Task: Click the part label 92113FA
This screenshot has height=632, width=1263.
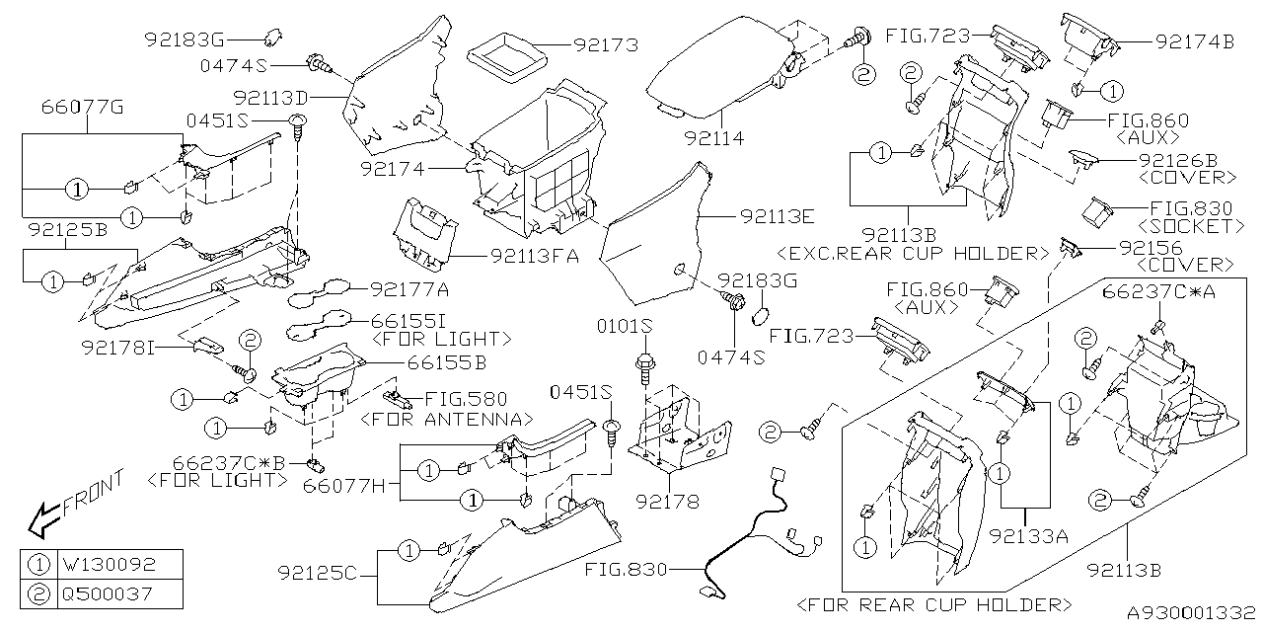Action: pyautogui.click(x=534, y=256)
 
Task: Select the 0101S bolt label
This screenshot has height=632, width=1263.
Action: pyautogui.click(x=628, y=327)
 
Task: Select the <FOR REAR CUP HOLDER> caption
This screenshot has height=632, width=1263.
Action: pyautogui.click(x=933, y=603)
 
